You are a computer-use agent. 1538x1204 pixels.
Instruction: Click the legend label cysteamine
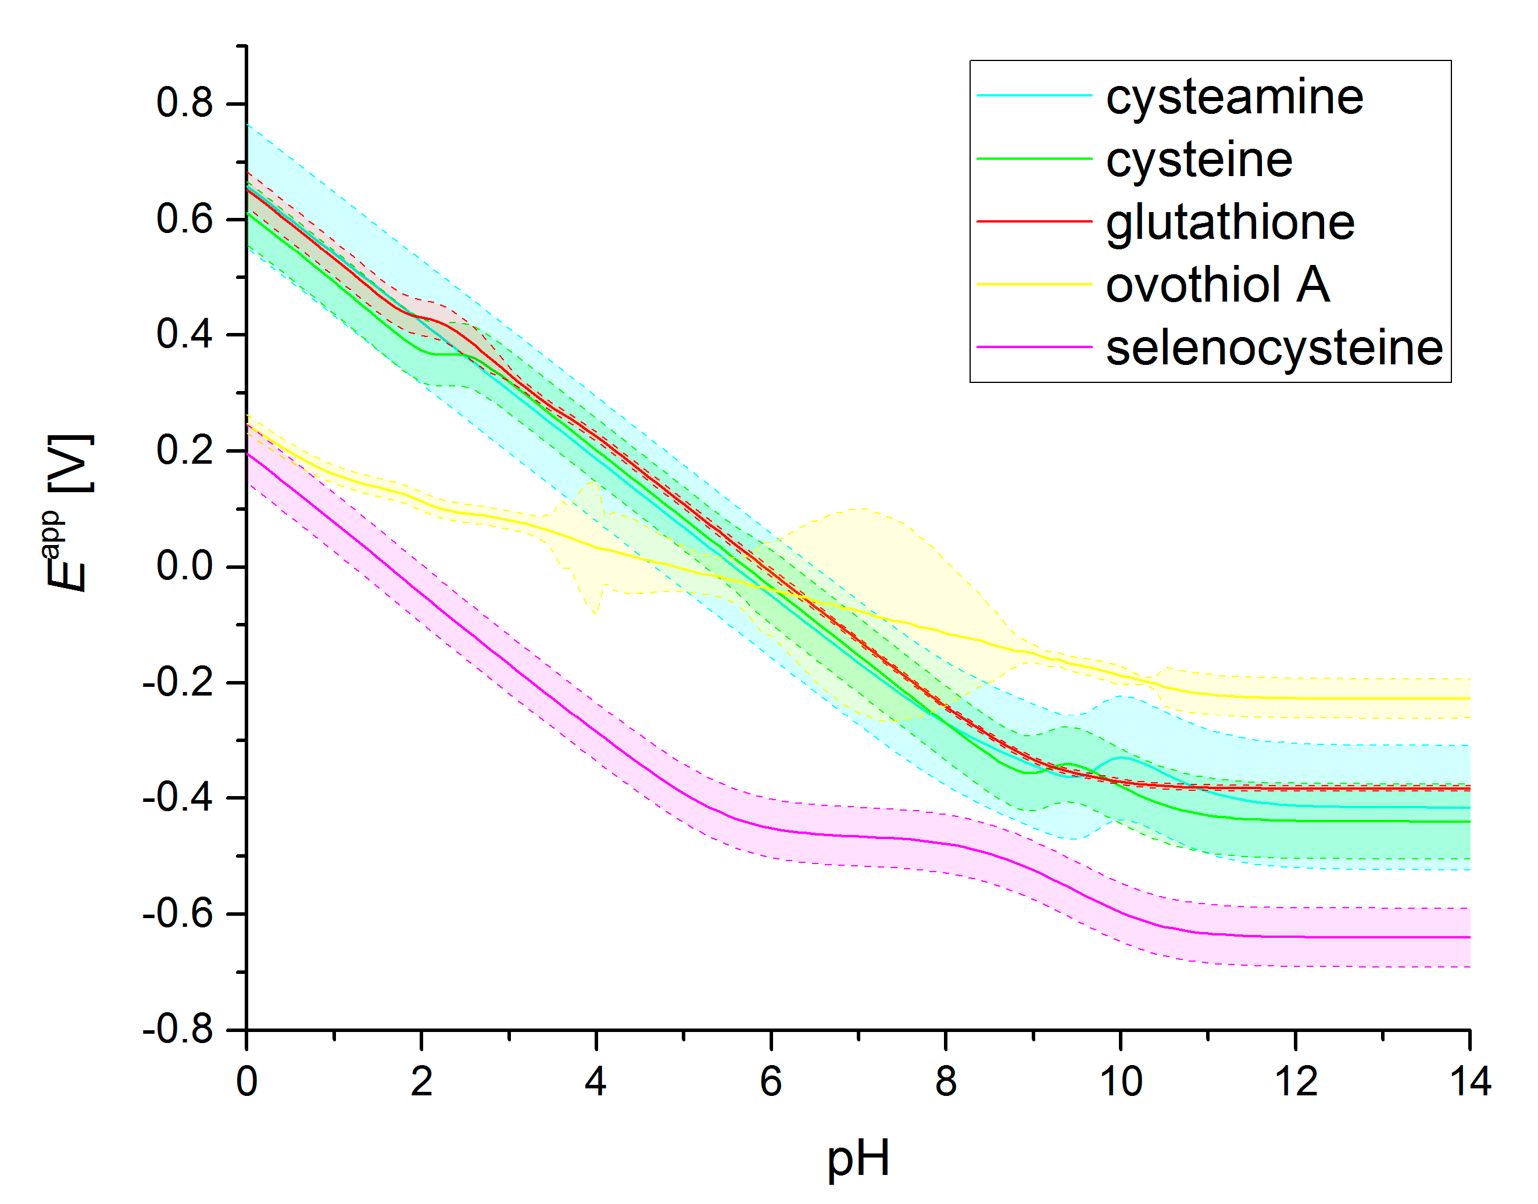pyautogui.click(x=1234, y=97)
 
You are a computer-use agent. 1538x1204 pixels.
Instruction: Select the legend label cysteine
pyautogui.click(x=1199, y=160)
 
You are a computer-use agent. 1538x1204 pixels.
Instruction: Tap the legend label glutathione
pyautogui.click(x=1230, y=223)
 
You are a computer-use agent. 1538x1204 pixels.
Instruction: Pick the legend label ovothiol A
pyautogui.click(x=1217, y=285)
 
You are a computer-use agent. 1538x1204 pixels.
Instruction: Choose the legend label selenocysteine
pyautogui.click(x=1274, y=347)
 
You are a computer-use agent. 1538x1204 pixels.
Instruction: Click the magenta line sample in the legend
pyautogui.click(x=1034, y=347)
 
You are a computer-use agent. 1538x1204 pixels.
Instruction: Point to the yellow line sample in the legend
pyautogui.click(x=1034, y=284)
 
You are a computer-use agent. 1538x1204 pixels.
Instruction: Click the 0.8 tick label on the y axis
pyautogui.click(x=184, y=103)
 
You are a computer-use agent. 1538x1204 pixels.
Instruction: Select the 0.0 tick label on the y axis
pyautogui.click(x=184, y=566)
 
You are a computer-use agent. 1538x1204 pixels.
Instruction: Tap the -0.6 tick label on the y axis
pyautogui.click(x=178, y=913)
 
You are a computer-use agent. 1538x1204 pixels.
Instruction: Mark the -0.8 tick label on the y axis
pyautogui.click(x=178, y=1030)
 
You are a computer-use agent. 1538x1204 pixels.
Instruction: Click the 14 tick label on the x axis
pyautogui.click(x=1469, y=1082)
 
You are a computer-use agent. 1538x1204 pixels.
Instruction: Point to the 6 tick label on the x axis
pyautogui.click(x=771, y=1082)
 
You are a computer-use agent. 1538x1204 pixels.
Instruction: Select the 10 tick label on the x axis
pyautogui.click(x=1121, y=1082)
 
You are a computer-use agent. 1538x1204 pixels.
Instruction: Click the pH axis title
pyautogui.click(x=857, y=1159)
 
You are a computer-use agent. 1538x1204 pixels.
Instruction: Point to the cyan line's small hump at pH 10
pyautogui.click(x=1121, y=758)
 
